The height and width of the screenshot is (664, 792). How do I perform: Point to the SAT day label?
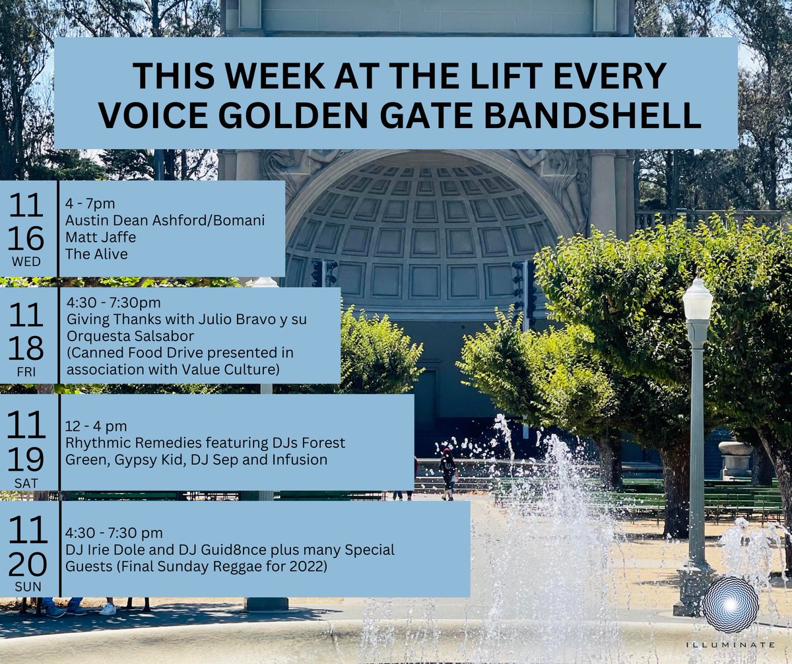tap(27, 484)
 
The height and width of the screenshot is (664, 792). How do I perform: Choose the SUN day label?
tap(27, 587)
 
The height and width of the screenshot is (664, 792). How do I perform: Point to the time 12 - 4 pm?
tap(96, 426)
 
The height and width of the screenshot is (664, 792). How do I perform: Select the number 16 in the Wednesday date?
tap(27, 238)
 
